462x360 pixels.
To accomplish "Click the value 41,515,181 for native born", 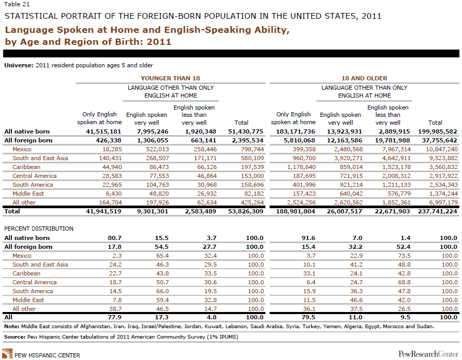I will click(102, 132).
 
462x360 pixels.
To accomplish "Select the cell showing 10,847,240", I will click(438, 149).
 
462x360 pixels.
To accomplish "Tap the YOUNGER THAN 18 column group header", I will click(171, 78).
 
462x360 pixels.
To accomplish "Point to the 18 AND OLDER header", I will click(364, 78).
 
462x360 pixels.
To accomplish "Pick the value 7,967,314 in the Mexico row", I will click(389, 149).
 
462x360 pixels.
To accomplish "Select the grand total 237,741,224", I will click(437, 212).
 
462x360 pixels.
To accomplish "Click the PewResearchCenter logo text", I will click(427, 354).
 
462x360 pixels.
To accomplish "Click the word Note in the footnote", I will click(11, 326).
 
